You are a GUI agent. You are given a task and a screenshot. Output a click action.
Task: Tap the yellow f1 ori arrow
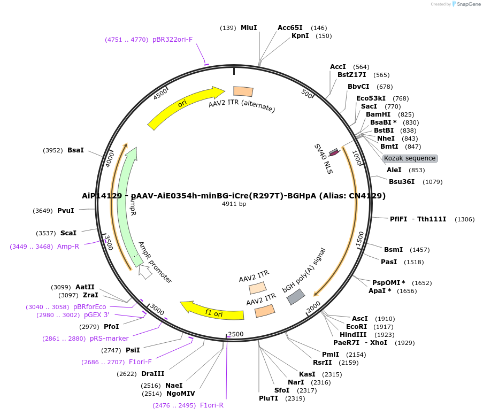211,310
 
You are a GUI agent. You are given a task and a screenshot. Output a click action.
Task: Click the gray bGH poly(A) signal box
296,297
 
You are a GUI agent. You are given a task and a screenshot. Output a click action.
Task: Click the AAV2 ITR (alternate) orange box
243,91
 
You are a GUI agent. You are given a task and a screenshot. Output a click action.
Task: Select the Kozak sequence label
410,158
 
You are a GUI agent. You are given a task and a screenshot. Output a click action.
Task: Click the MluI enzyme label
249,28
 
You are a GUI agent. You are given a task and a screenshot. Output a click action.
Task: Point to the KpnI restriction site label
300,36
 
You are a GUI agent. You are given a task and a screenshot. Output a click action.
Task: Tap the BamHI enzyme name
378,114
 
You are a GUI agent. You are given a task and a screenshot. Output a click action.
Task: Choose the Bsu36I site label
402,182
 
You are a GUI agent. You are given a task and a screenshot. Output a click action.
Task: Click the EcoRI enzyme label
357,327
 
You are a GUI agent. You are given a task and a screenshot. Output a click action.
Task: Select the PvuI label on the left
66,211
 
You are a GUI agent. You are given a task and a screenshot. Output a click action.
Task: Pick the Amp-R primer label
68,247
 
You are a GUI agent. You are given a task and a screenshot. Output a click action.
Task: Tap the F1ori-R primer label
211,405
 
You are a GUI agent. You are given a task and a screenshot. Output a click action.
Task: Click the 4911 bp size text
234,204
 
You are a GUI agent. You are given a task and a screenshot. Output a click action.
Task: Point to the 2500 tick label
236,334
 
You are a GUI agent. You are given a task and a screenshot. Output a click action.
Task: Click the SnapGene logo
465,4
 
